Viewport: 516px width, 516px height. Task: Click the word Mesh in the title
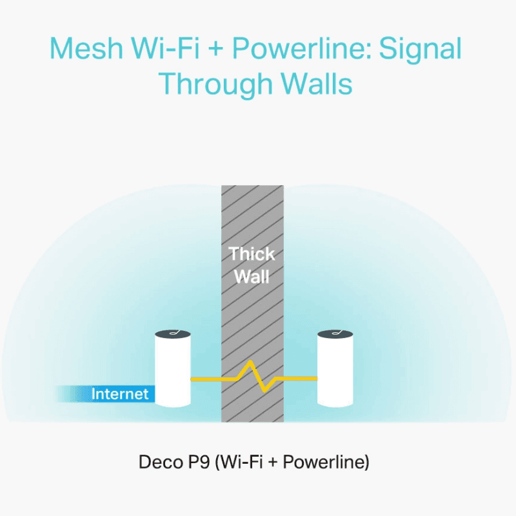[x=86, y=48]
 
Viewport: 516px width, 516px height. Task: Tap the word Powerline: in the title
[x=302, y=48]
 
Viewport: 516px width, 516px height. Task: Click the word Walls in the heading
[x=317, y=84]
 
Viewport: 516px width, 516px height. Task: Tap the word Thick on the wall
[x=252, y=253]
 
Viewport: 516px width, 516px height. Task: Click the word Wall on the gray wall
[x=252, y=276]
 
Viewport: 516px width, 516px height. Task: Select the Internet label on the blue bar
[x=120, y=393]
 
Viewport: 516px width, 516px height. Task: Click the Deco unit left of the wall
[x=173, y=368]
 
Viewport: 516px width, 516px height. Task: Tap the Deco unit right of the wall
[x=335, y=368]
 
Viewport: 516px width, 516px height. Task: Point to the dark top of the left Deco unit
[x=173, y=333]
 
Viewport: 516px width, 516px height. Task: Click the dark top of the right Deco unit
[x=335, y=333]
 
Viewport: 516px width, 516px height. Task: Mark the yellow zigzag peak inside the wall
[x=250, y=362]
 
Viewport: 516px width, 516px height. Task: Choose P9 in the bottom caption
[x=199, y=461]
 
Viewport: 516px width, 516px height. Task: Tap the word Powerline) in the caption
[x=326, y=462]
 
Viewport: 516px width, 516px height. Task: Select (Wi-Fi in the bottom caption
[x=239, y=462]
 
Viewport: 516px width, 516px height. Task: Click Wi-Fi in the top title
[x=166, y=48]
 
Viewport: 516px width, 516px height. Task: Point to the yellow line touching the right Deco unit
[x=297, y=379]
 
